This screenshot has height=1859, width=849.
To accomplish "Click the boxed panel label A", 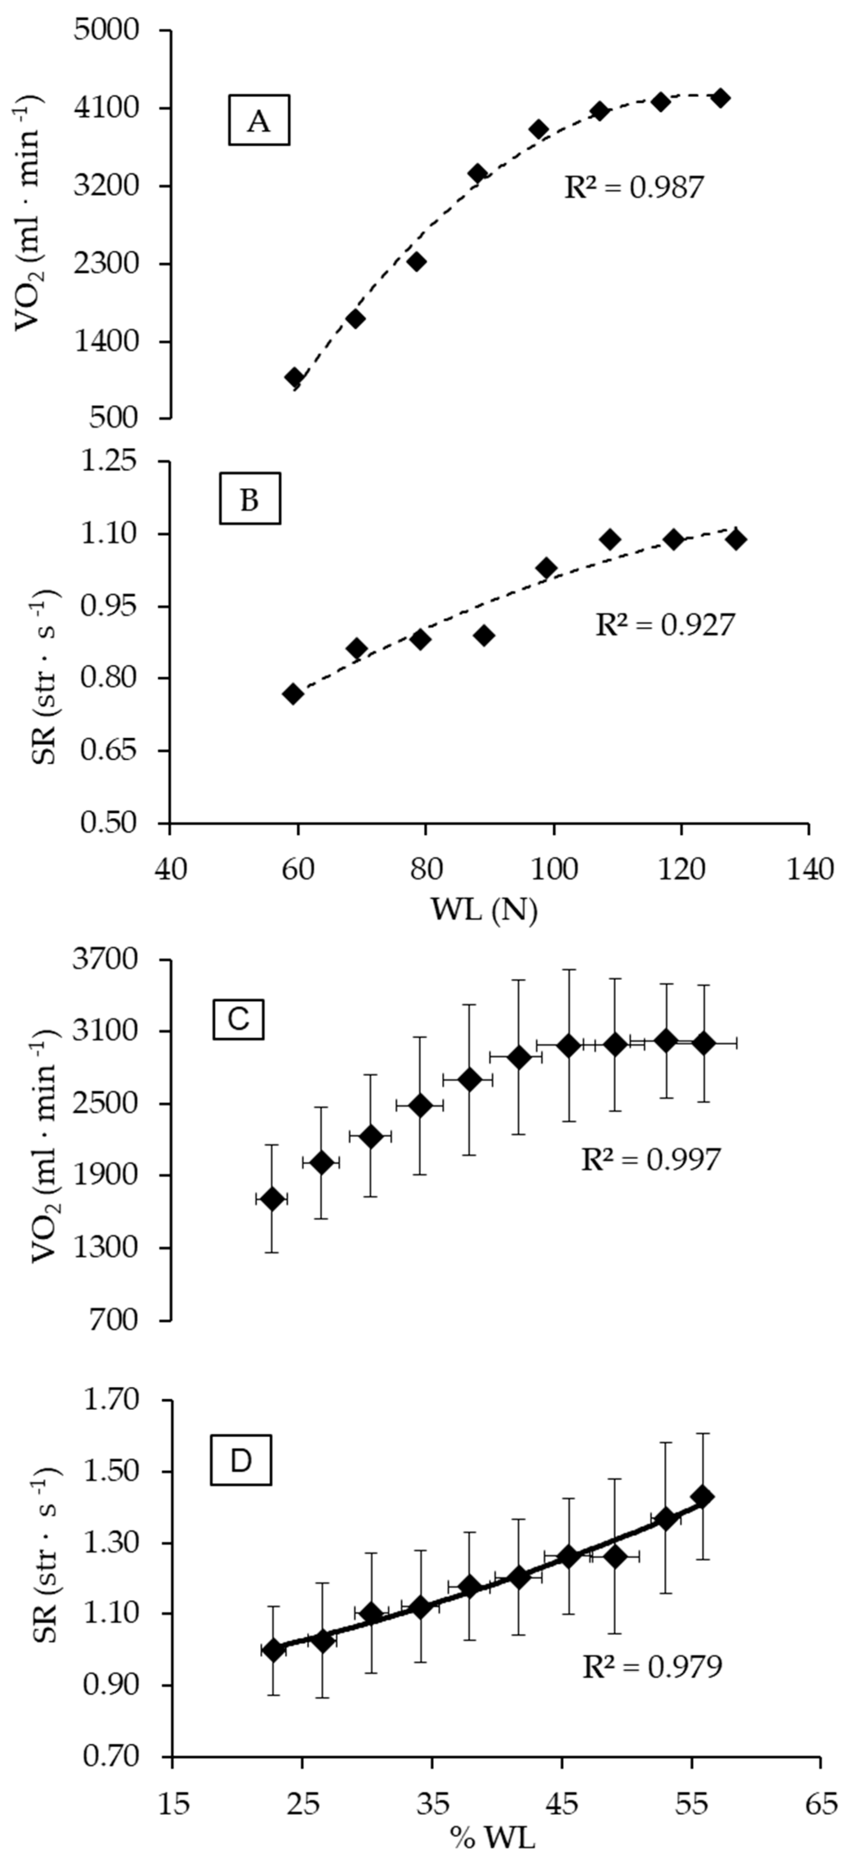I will (x=258, y=120).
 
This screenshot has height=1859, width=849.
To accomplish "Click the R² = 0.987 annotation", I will (x=633, y=188).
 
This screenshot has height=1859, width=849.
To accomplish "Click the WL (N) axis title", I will (x=485, y=911).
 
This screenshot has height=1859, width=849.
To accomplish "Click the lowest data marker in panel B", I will (x=292, y=694).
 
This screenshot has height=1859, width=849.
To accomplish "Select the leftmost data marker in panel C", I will (x=271, y=1199).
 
